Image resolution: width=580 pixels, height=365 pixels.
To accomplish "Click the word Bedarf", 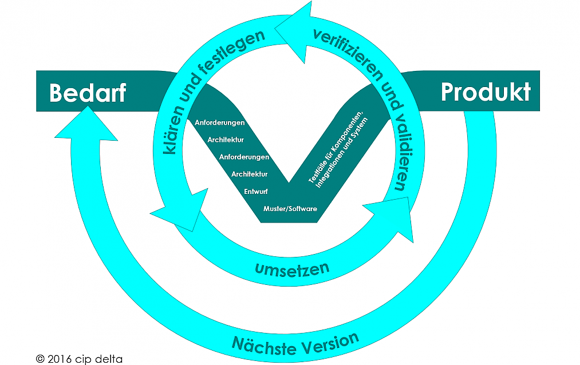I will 88,93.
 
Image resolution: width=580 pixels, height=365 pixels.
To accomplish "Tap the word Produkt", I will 486,92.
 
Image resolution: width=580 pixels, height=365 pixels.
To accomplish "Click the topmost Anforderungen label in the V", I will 220,122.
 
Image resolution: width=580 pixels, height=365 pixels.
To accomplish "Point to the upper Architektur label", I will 226,140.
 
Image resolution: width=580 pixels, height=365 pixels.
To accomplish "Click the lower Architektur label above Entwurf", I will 249,174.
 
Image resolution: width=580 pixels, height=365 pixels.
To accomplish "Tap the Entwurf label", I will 255,192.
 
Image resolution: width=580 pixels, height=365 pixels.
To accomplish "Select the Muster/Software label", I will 290,209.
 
